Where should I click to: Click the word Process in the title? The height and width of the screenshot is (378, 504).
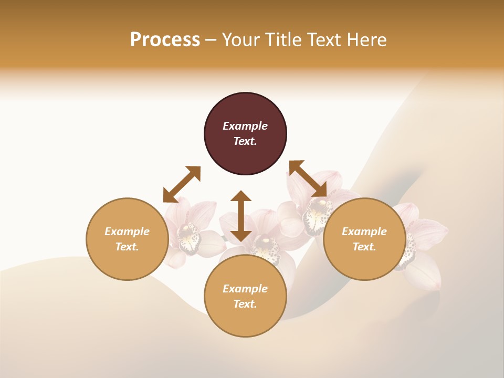point(165,40)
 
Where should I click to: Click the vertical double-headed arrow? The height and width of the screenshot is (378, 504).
point(241,216)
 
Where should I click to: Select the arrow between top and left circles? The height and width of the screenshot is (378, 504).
point(182,184)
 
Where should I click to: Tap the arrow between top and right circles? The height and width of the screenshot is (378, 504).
point(308,179)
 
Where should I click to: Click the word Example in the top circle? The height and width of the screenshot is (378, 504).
point(245,126)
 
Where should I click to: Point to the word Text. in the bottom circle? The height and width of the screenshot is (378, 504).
point(245,304)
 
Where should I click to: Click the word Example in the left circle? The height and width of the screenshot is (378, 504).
point(127,232)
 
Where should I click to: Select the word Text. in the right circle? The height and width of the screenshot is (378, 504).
point(364,247)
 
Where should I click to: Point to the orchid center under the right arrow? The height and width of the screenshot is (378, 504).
point(317,213)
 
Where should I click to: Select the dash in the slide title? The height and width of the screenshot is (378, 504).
point(211,40)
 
